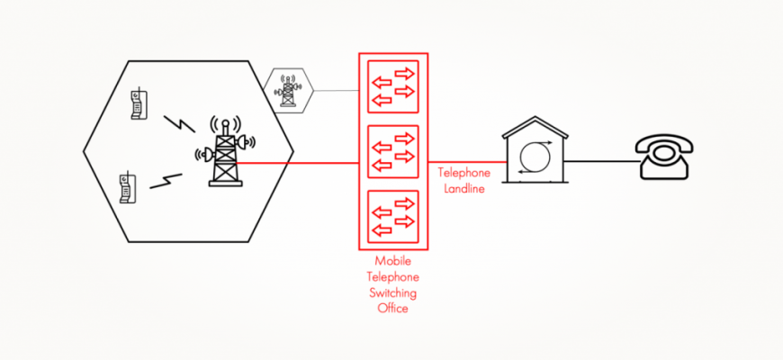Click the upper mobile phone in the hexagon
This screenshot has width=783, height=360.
[x=138, y=103]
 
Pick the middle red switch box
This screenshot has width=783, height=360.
[x=393, y=151]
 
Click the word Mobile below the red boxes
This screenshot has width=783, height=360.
[x=393, y=262]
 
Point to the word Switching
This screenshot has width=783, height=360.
[x=393, y=293]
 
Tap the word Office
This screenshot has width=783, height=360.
[x=393, y=309]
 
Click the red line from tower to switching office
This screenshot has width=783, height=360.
[x=297, y=163]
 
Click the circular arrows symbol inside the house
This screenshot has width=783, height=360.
[x=534, y=157]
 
